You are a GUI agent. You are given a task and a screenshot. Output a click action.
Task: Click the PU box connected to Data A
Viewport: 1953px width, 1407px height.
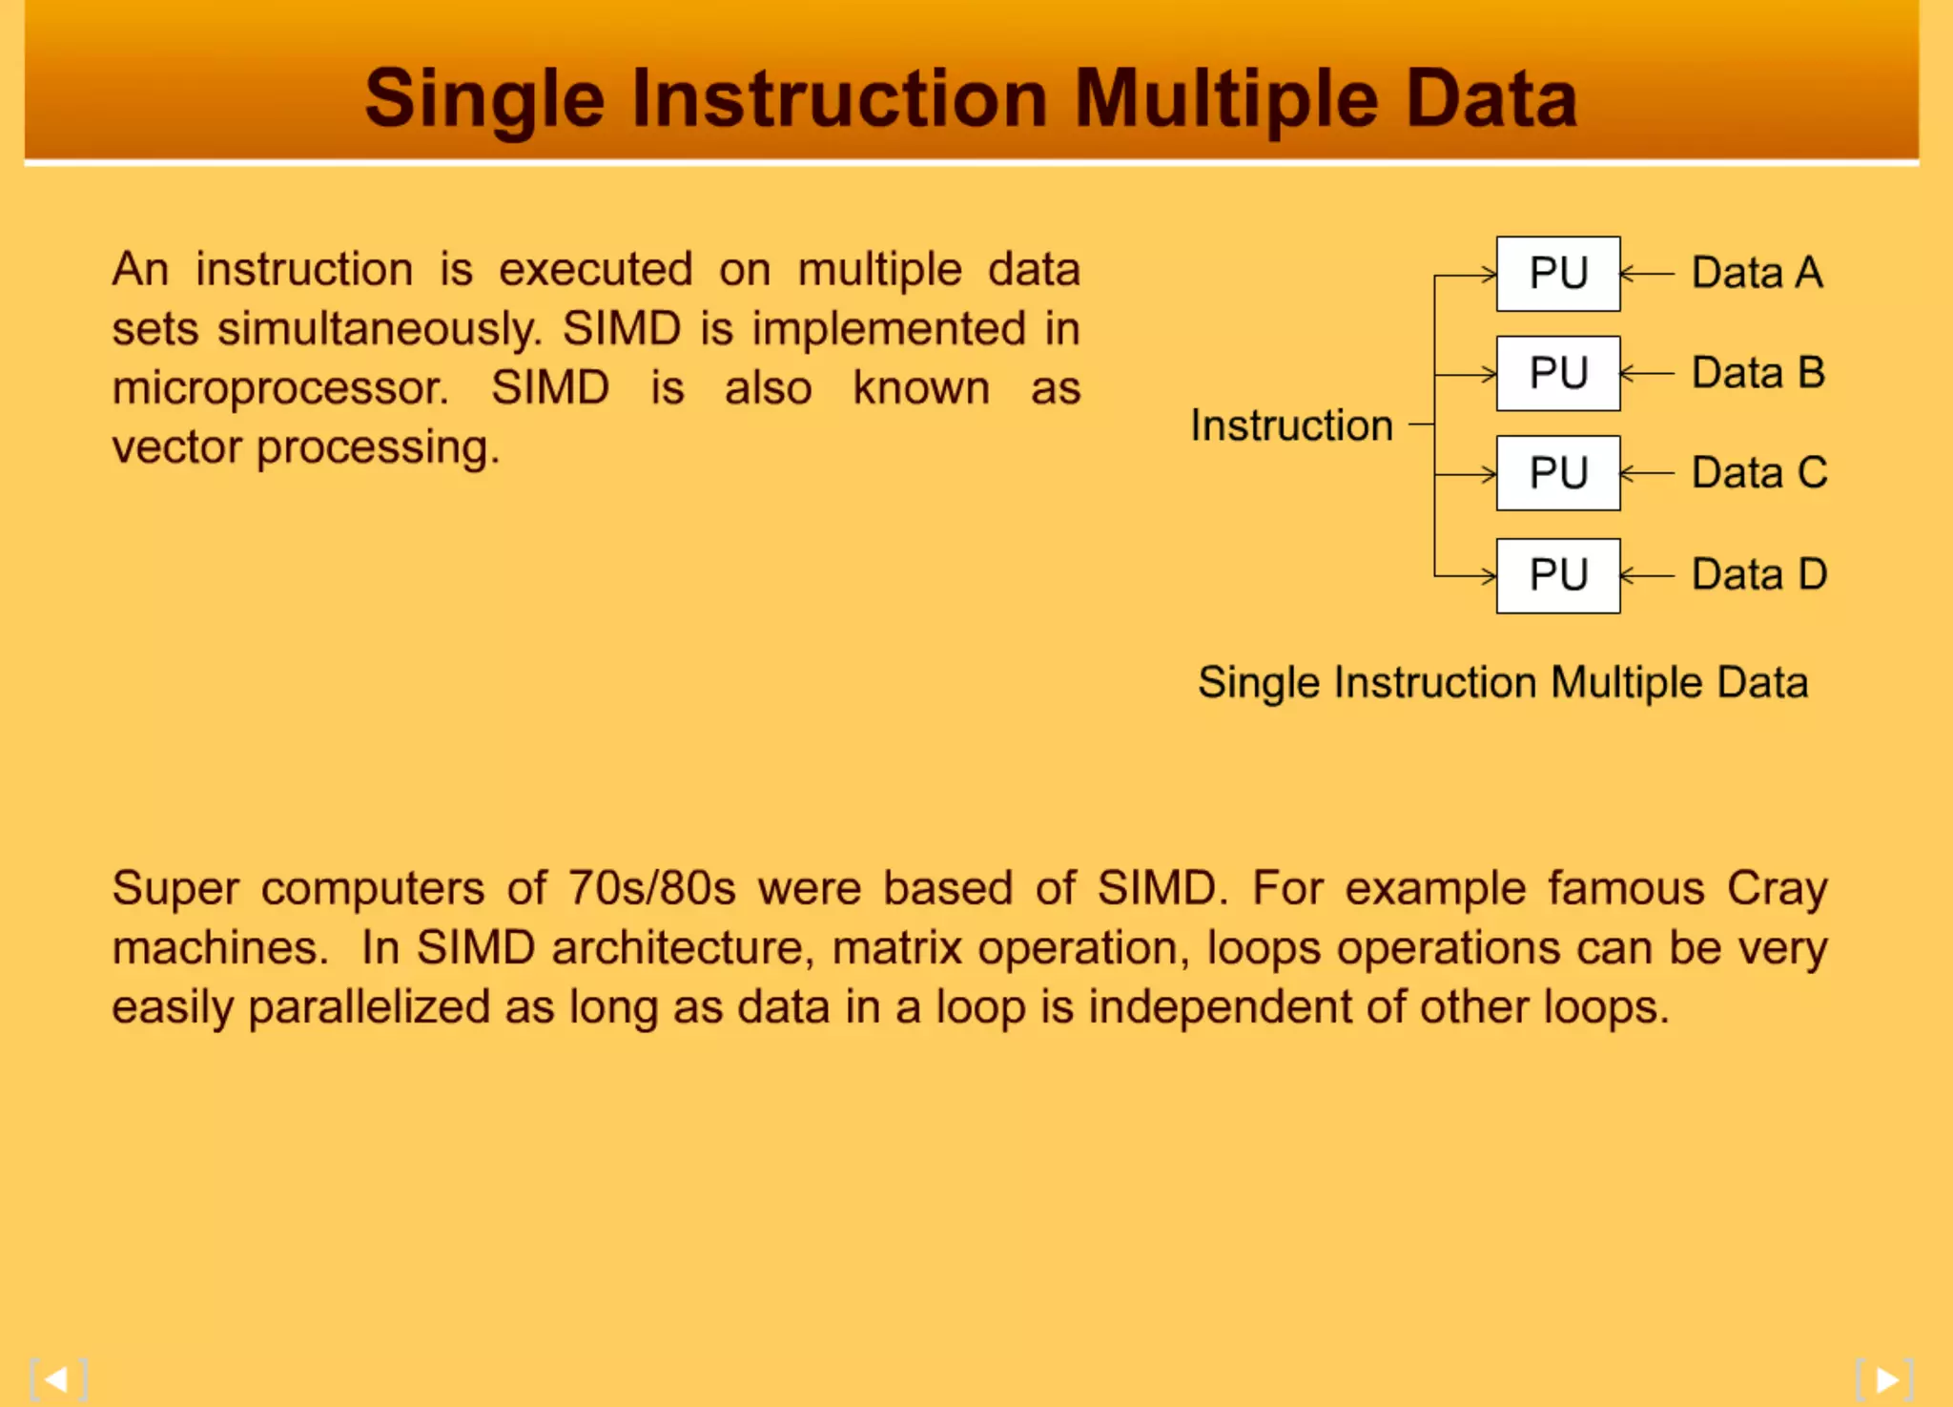click(1557, 274)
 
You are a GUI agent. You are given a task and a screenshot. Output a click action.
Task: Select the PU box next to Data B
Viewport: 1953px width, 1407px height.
click(1557, 373)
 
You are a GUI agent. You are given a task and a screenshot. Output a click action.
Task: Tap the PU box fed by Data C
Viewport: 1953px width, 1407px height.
click(1557, 473)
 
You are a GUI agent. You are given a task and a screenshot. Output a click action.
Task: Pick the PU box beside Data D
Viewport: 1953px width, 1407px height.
click(1557, 575)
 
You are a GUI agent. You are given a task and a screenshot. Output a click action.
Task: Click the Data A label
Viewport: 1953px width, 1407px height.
click(1757, 273)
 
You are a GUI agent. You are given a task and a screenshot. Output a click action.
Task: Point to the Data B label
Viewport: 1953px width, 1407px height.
click(1758, 373)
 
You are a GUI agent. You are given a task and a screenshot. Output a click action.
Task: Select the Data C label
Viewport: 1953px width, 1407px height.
click(1758, 473)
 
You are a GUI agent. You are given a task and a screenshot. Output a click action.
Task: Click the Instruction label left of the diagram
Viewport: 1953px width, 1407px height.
click(1291, 425)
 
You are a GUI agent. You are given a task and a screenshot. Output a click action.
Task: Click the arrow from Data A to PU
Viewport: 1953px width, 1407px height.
click(1647, 274)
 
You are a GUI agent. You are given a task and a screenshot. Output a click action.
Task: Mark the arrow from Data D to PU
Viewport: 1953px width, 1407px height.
click(1647, 575)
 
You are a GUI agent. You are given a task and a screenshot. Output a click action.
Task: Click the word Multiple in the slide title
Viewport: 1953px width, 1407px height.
click(1226, 99)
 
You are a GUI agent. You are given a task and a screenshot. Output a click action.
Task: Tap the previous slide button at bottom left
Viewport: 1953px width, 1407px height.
click(58, 1379)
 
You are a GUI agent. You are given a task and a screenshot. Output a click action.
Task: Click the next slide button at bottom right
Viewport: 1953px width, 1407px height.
click(1885, 1379)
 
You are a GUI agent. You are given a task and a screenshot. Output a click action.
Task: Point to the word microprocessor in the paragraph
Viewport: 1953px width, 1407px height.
click(279, 389)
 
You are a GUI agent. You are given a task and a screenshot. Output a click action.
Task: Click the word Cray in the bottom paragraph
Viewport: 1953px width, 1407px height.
click(1777, 889)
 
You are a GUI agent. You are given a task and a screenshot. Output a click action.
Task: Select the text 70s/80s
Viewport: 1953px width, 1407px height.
click(651, 889)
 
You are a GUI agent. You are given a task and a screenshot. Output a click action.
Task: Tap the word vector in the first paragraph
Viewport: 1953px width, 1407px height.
click(176, 448)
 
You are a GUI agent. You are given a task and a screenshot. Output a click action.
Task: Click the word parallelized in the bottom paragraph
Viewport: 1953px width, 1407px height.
click(368, 1008)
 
